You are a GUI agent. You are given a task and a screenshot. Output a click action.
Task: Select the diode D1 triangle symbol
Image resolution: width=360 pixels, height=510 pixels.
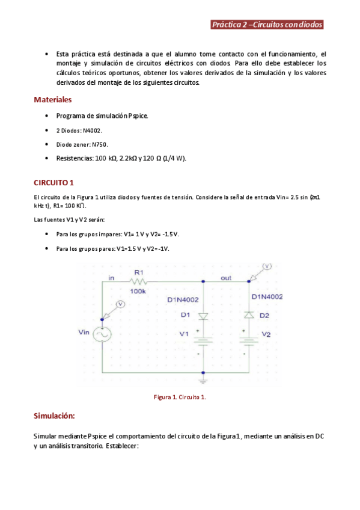tap(204, 315)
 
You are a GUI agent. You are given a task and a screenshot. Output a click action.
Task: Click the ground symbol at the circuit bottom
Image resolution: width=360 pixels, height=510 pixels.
tap(204, 379)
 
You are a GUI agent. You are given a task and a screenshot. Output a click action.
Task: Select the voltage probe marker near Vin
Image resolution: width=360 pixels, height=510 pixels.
tap(120, 305)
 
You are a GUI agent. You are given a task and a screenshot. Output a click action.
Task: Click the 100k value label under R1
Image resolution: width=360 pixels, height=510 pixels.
tap(138, 292)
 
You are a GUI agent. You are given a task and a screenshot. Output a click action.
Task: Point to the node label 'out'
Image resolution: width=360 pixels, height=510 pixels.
tap(226, 278)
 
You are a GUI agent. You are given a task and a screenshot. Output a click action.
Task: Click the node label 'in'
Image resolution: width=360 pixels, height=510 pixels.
tap(111, 278)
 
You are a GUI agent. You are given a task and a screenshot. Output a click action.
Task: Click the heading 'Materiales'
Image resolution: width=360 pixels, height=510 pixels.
tap(53, 99)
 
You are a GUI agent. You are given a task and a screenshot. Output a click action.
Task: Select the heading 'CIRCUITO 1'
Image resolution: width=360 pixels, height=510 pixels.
tap(53, 182)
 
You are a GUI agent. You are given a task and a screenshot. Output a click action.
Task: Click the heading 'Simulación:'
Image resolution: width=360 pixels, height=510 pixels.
tap(54, 416)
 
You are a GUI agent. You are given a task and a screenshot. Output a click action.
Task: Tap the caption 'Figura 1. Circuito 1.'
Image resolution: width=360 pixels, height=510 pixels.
tap(180, 397)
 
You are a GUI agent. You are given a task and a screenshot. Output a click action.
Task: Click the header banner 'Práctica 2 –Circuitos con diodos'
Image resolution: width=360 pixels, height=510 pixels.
tap(267, 25)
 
